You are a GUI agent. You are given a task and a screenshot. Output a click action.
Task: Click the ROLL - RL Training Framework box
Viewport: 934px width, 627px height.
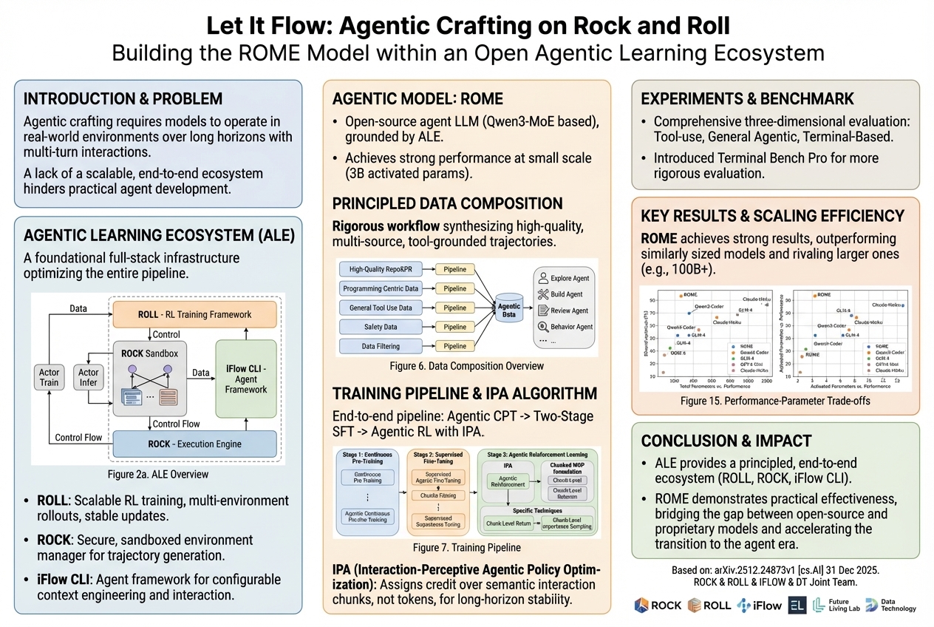(194, 314)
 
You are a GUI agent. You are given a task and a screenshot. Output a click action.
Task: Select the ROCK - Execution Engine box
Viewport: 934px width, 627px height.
(194, 444)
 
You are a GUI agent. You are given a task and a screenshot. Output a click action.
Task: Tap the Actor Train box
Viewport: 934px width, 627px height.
(50, 377)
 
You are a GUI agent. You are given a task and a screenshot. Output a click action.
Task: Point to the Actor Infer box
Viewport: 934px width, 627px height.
(89, 377)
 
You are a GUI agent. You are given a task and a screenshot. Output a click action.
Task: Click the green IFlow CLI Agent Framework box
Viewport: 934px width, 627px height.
(246, 378)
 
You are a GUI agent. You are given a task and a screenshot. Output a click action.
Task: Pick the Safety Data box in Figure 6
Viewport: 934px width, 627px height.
(381, 327)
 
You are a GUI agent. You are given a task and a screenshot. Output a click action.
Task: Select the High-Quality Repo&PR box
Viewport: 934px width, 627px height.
(381, 270)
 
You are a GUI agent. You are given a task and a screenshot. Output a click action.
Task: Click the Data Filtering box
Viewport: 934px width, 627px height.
(381, 346)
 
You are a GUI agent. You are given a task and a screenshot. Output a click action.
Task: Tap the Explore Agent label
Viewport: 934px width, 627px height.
(570, 279)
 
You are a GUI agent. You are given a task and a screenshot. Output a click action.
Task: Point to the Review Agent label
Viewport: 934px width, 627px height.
(569, 311)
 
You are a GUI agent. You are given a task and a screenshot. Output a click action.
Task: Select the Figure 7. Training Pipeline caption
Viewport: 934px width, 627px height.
(466, 548)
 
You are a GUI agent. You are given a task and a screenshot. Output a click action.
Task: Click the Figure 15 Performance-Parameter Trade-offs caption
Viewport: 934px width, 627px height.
(776, 401)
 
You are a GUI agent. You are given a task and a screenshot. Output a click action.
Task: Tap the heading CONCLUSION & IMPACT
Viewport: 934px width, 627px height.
(726, 441)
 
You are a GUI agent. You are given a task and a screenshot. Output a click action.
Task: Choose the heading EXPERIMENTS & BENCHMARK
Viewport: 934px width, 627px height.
(748, 99)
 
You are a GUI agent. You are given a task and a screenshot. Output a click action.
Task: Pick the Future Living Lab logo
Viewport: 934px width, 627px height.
(833, 605)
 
